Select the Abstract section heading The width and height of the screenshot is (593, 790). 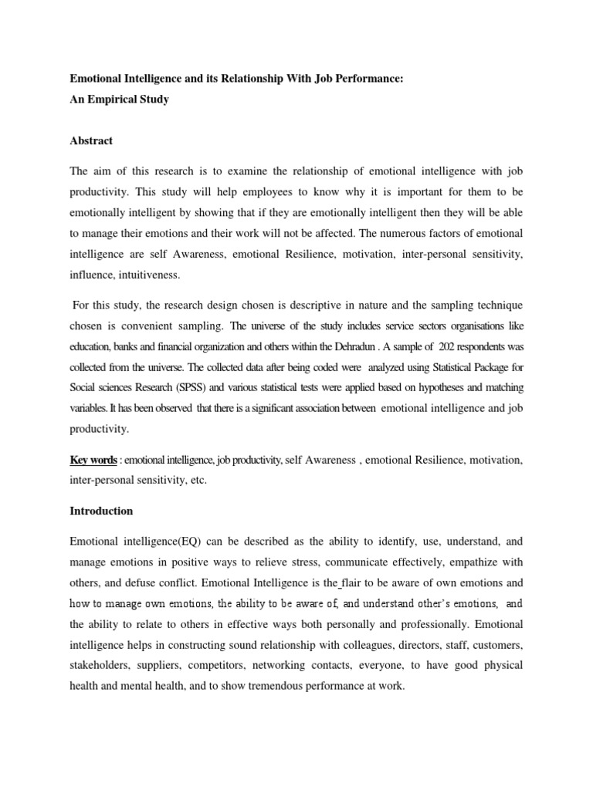pyautogui.click(x=91, y=140)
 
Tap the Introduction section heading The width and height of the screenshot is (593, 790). pyautogui.click(x=102, y=511)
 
